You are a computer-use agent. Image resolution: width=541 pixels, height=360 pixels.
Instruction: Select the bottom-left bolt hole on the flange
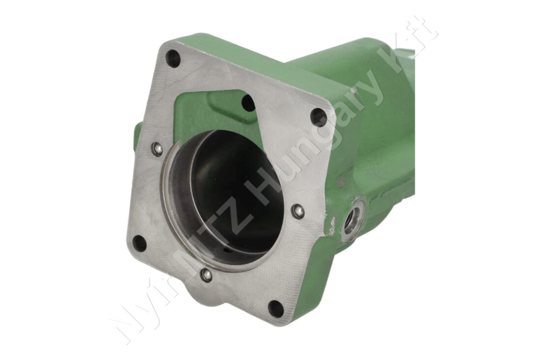click(140, 242)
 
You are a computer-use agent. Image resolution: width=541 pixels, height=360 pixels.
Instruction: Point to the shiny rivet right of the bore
click(297, 210)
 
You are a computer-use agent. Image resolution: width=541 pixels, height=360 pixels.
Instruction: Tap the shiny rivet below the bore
click(206, 273)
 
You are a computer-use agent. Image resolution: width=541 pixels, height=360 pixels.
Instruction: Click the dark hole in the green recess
click(248, 102)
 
